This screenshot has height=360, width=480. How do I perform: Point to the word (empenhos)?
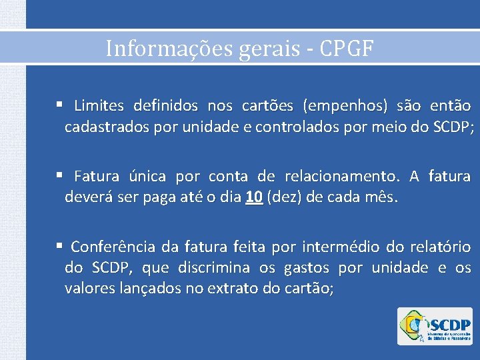pyautogui.click(x=345, y=105)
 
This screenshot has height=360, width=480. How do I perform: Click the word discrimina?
pyautogui.click(x=215, y=268)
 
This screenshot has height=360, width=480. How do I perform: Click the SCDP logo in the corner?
pyautogui.click(x=434, y=326)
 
